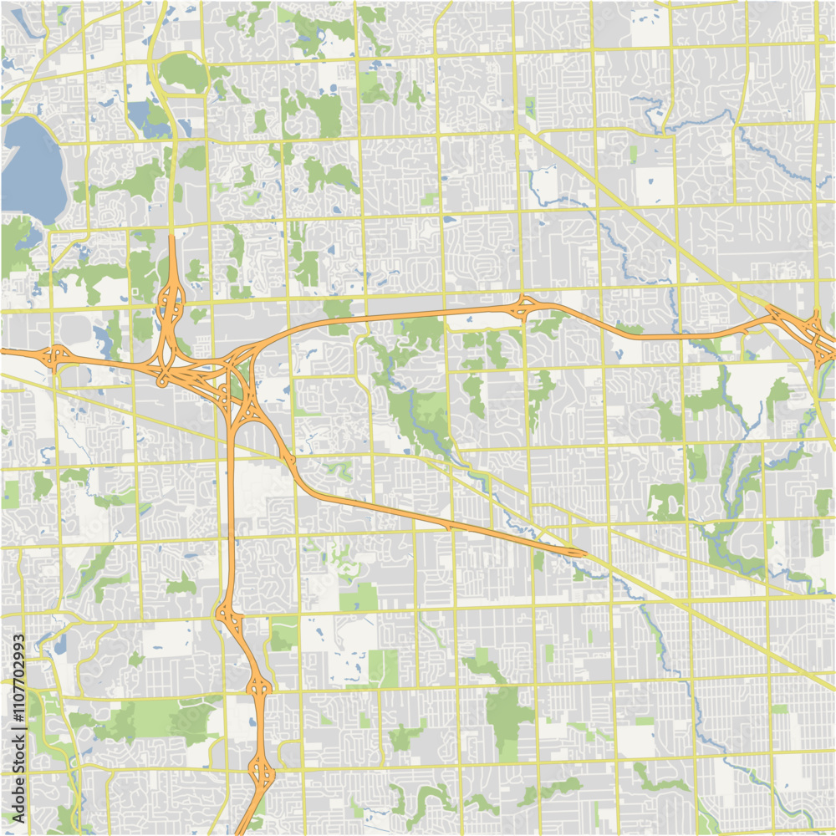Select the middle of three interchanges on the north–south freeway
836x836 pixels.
click(259, 688)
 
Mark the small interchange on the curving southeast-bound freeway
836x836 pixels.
click(289, 460)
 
